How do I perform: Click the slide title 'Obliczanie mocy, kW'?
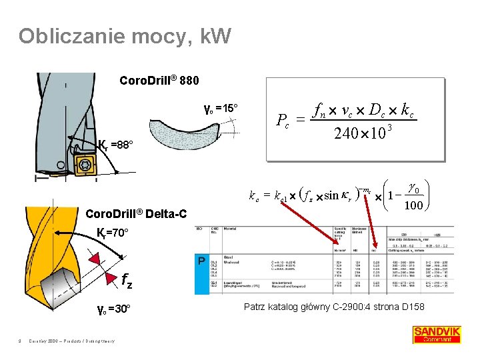(125, 36)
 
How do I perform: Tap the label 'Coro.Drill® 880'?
(159, 81)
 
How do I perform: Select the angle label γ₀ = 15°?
(221, 108)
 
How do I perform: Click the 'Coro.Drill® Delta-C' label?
(136, 214)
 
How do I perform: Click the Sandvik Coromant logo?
(437, 334)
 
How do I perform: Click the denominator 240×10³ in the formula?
(361, 133)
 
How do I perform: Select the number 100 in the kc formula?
(413, 205)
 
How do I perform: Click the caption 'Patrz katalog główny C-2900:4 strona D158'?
(334, 307)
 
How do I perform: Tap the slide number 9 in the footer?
(21, 342)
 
